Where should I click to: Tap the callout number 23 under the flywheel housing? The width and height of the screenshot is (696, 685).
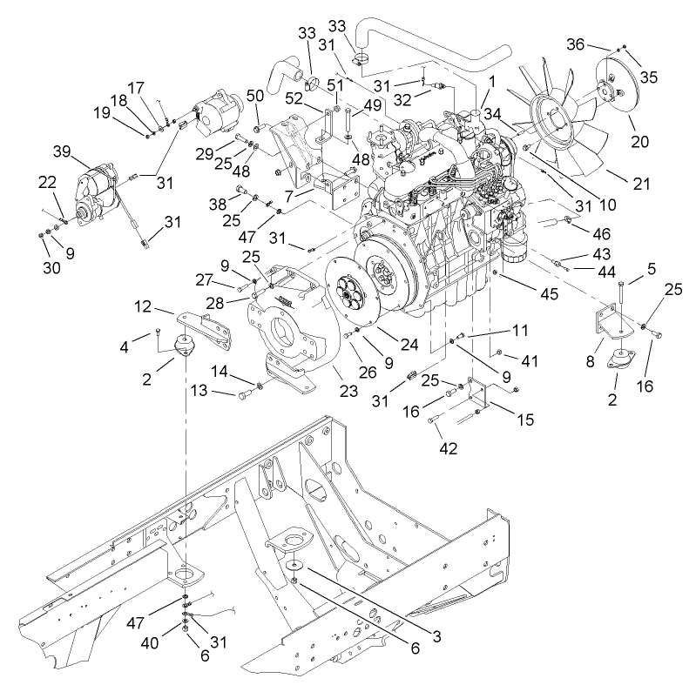(x=348, y=391)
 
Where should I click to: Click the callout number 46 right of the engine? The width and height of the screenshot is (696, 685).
(x=600, y=233)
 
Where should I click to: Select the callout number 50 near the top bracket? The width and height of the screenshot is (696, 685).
(x=255, y=94)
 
